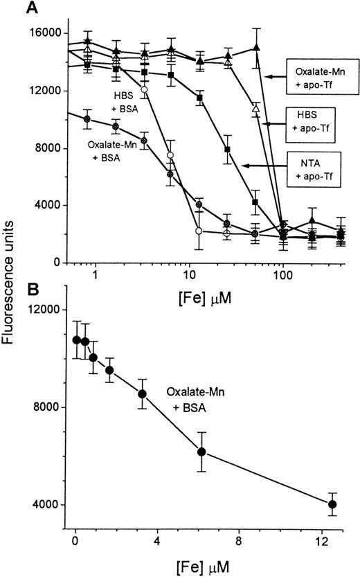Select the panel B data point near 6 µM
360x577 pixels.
coord(201,452)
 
